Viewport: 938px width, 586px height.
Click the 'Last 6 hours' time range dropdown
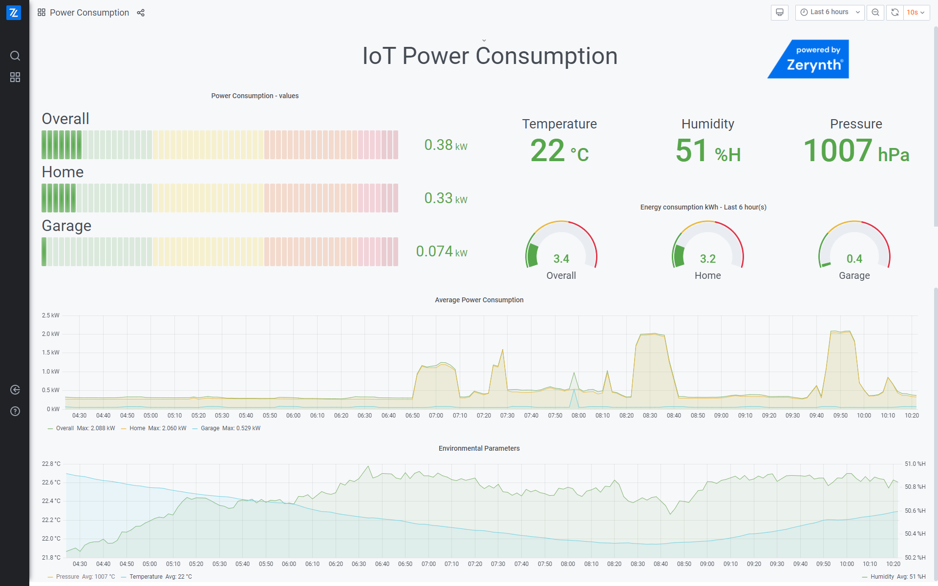(830, 12)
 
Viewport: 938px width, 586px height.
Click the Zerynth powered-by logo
(808, 59)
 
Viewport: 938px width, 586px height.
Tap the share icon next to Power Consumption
(141, 13)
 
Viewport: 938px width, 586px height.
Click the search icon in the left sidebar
(15, 56)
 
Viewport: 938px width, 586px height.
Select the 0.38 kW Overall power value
(445, 145)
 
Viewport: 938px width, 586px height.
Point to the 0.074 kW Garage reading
(441, 251)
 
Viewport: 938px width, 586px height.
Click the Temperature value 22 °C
(559, 151)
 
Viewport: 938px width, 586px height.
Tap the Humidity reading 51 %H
(707, 151)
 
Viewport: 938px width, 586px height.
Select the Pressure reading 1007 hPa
(856, 151)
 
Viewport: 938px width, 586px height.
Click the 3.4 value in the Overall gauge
(561, 259)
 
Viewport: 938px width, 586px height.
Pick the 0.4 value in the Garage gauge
(854, 259)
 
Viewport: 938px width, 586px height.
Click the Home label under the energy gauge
(707, 275)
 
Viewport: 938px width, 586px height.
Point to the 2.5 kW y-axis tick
(51, 315)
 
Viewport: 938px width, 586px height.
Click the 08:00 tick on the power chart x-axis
(578, 416)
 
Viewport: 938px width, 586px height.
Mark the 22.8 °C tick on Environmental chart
(51, 464)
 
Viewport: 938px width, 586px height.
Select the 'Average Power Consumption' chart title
(479, 300)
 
